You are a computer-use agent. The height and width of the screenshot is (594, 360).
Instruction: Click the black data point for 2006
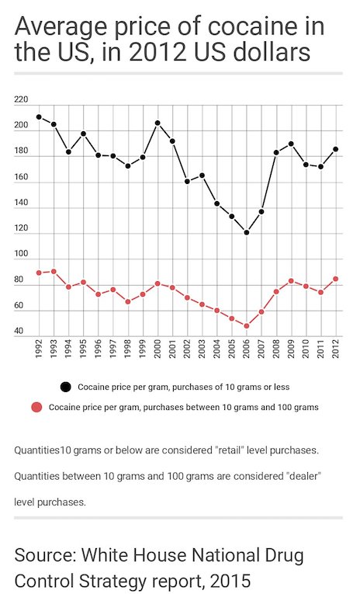pos(247,232)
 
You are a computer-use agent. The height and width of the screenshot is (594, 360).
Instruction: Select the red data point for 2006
pos(247,326)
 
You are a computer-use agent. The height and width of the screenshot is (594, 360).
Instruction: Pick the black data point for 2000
pos(157,123)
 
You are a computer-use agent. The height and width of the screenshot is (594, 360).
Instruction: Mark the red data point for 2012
pos(335,279)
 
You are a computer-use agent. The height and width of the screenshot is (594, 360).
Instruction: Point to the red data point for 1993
pos(54,271)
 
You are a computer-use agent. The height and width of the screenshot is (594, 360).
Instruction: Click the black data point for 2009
pos(291,144)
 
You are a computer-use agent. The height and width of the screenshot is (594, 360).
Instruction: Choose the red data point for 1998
pos(128,301)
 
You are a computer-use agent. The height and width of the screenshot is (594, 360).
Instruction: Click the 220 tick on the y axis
pos(21,100)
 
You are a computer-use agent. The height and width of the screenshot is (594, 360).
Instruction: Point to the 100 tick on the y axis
pos(21,255)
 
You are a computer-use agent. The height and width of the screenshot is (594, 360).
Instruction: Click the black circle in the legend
pos(65,386)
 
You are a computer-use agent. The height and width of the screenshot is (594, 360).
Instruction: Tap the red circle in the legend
pos(36,407)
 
